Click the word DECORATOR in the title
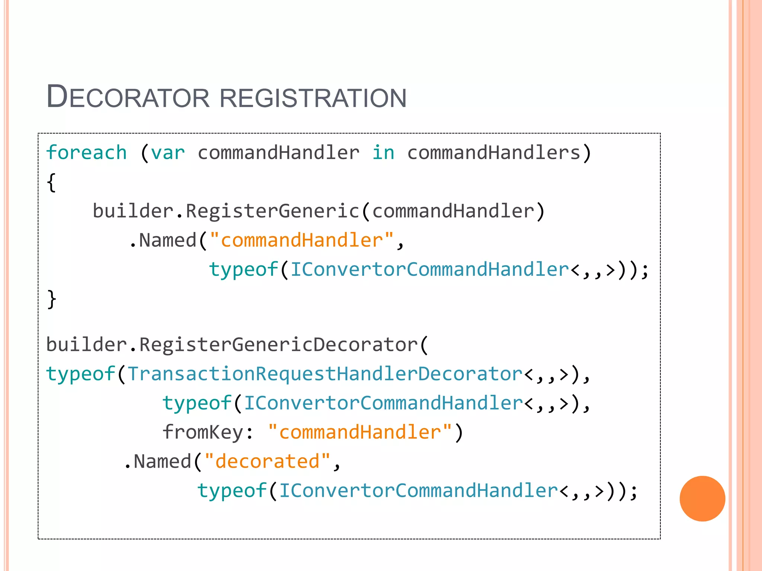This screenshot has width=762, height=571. pyautogui.click(x=128, y=97)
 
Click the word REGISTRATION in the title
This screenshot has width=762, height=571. pyautogui.click(x=313, y=98)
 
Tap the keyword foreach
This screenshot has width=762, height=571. pyautogui.click(x=86, y=153)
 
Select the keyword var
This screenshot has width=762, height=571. pyautogui.click(x=168, y=153)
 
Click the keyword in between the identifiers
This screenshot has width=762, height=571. pyautogui.click(x=383, y=153)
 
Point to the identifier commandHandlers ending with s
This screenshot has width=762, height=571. pyautogui.click(x=494, y=153)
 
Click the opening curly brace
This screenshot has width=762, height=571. pyautogui.click(x=51, y=183)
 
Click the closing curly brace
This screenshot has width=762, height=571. pyautogui.click(x=51, y=299)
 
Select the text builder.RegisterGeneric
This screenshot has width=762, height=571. pyautogui.click(x=226, y=211)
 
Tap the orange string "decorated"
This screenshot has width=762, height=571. pyautogui.click(x=267, y=461)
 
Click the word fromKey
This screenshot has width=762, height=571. pyautogui.click(x=203, y=432)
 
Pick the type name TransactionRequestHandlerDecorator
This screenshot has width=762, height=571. pyautogui.click(x=325, y=374)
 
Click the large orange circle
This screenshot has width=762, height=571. pyautogui.click(x=702, y=499)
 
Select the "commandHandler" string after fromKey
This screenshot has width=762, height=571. pyautogui.click(x=360, y=432)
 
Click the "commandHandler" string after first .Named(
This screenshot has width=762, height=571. pyautogui.click(x=302, y=241)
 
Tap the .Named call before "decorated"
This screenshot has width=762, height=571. pyautogui.click(x=158, y=461)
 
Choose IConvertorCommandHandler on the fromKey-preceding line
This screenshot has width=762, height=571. pyautogui.click(x=383, y=403)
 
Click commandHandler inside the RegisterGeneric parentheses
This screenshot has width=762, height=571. pyautogui.click(x=453, y=211)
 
